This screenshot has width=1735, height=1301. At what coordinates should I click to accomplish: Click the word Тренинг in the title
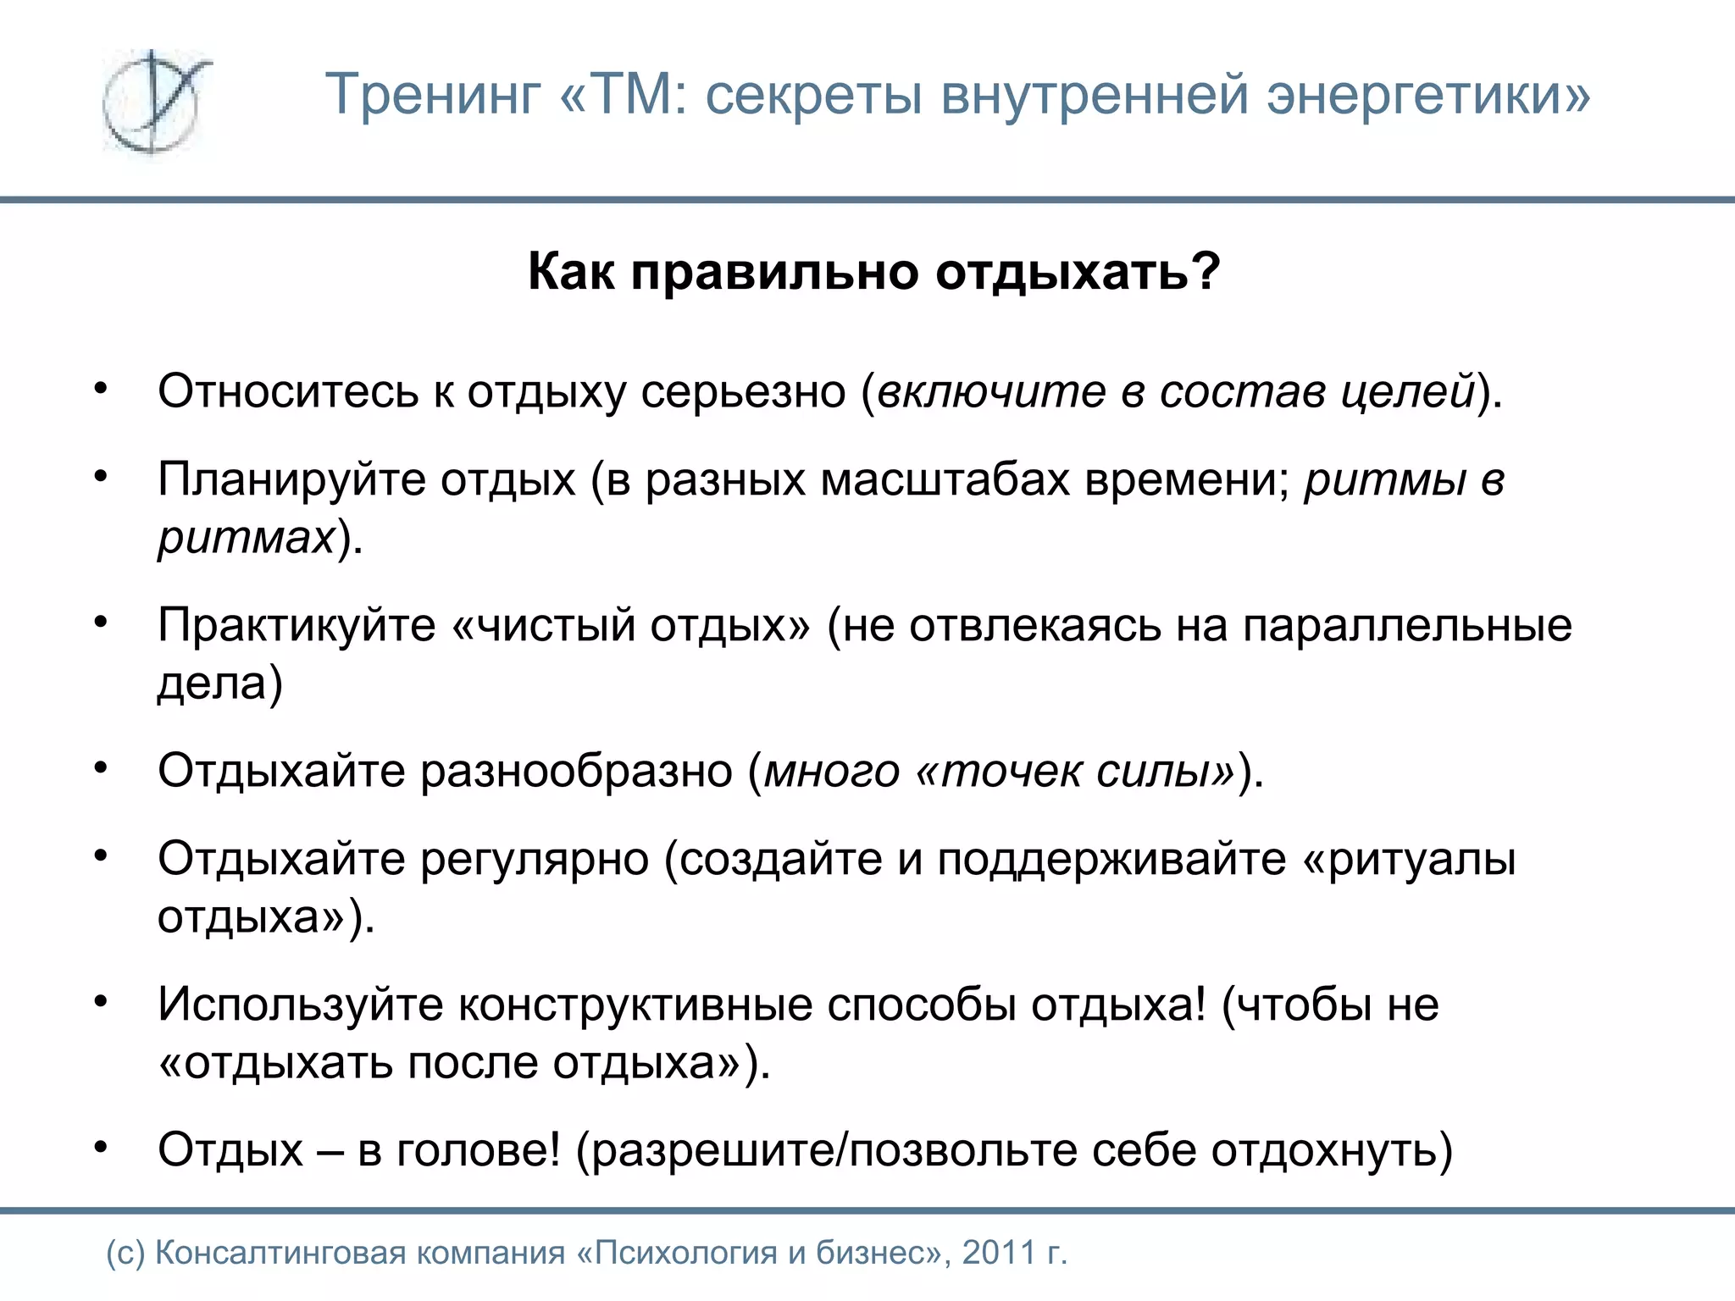(433, 94)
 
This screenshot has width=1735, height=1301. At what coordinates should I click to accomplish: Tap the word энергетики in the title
(1428, 94)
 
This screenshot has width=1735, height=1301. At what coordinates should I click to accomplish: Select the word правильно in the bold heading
(774, 273)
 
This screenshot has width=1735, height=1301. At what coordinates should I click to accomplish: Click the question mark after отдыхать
(1206, 271)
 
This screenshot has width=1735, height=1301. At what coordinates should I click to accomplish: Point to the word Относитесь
(288, 391)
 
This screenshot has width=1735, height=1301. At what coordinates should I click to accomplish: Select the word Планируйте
(291, 479)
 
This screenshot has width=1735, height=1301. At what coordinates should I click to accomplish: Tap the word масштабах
(945, 479)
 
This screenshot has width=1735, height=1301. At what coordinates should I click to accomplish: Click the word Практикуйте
(297, 626)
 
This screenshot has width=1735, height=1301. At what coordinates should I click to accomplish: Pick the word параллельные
(1406, 626)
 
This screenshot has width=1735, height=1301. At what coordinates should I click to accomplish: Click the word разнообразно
(576, 772)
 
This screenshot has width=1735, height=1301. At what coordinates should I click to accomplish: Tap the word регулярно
(534, 859)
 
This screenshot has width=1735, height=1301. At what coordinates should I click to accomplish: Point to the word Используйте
(300, 1005)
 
